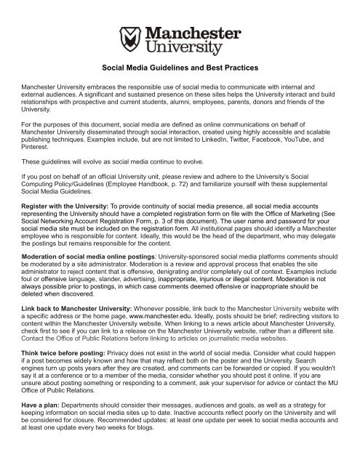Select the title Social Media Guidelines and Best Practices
coord(180,85)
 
